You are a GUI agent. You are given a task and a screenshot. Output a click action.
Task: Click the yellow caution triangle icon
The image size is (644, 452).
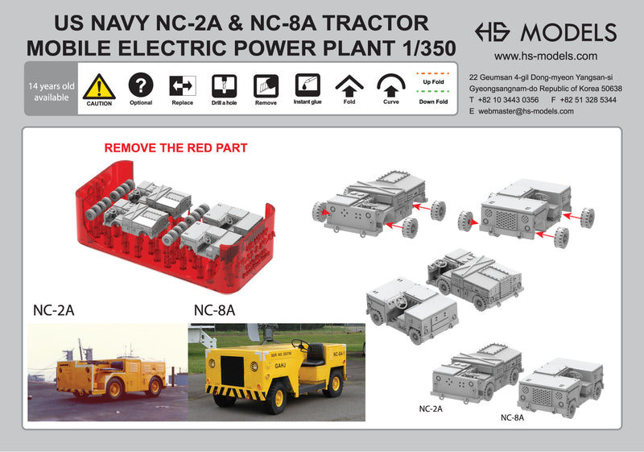[x=99, y=87]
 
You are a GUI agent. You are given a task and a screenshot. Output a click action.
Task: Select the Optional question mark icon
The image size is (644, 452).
[x=141, y=85]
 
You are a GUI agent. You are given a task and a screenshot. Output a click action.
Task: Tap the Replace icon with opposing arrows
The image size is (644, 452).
[x=183, y=86]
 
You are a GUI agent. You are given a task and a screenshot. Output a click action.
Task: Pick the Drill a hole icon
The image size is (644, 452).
[x=225, y=86]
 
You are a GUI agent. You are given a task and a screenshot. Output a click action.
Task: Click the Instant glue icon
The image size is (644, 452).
[x=308, y=85]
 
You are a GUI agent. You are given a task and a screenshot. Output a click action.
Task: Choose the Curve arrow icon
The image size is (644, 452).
[x=391, y=85]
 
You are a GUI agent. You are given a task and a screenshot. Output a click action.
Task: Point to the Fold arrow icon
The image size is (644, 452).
[x=349, y=86]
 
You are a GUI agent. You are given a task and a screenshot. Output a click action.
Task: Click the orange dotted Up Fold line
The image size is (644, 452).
[x=433, y=73]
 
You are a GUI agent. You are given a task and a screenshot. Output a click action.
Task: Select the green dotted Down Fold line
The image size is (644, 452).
[x=433, y=92]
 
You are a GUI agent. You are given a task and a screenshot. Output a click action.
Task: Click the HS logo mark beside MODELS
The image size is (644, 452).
[x=493, y=32]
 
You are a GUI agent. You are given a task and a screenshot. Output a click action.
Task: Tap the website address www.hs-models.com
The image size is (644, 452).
[x=546, y=56]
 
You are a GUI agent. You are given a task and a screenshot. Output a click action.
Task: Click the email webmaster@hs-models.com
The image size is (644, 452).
[x=526, y=111]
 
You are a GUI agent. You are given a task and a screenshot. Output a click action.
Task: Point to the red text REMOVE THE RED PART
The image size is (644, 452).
[x=175, y=148]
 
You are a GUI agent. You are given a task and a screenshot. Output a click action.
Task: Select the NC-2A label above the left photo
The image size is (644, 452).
[x=54, y=310]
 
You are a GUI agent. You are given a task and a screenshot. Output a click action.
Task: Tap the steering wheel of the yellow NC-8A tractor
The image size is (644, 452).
[x=299, y=344]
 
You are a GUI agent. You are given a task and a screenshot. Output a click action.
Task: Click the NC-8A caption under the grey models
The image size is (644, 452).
[x=512, y=417]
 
